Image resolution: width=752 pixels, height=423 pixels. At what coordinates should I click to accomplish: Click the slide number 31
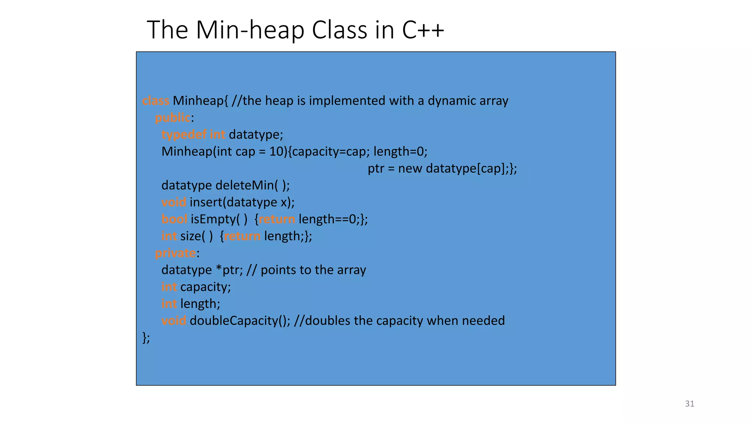[690, 404]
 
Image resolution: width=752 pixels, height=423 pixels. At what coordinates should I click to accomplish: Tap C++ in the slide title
[423, 30]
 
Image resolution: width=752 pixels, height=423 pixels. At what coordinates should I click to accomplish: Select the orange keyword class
[155, 101]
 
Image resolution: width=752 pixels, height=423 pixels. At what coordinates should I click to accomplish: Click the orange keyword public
[173, 118]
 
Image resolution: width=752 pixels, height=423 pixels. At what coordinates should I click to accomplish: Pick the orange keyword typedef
[184, 135]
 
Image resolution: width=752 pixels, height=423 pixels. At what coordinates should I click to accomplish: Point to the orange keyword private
[176, 253]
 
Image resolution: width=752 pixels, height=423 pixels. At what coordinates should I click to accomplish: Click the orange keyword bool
[174, 219]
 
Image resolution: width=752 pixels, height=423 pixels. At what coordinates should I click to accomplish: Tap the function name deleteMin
[245, 185]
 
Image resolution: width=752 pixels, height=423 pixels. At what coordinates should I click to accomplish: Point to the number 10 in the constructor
[276, 152]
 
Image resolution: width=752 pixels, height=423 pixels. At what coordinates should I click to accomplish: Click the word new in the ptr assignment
[410, 169]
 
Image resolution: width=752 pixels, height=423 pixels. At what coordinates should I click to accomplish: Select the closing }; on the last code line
[146, 337]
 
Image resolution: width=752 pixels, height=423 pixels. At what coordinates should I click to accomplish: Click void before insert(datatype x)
[174, 202]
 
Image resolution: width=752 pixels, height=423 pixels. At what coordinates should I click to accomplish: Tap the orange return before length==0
[277, 219]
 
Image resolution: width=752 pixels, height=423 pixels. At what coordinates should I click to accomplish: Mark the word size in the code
[191, 236]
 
